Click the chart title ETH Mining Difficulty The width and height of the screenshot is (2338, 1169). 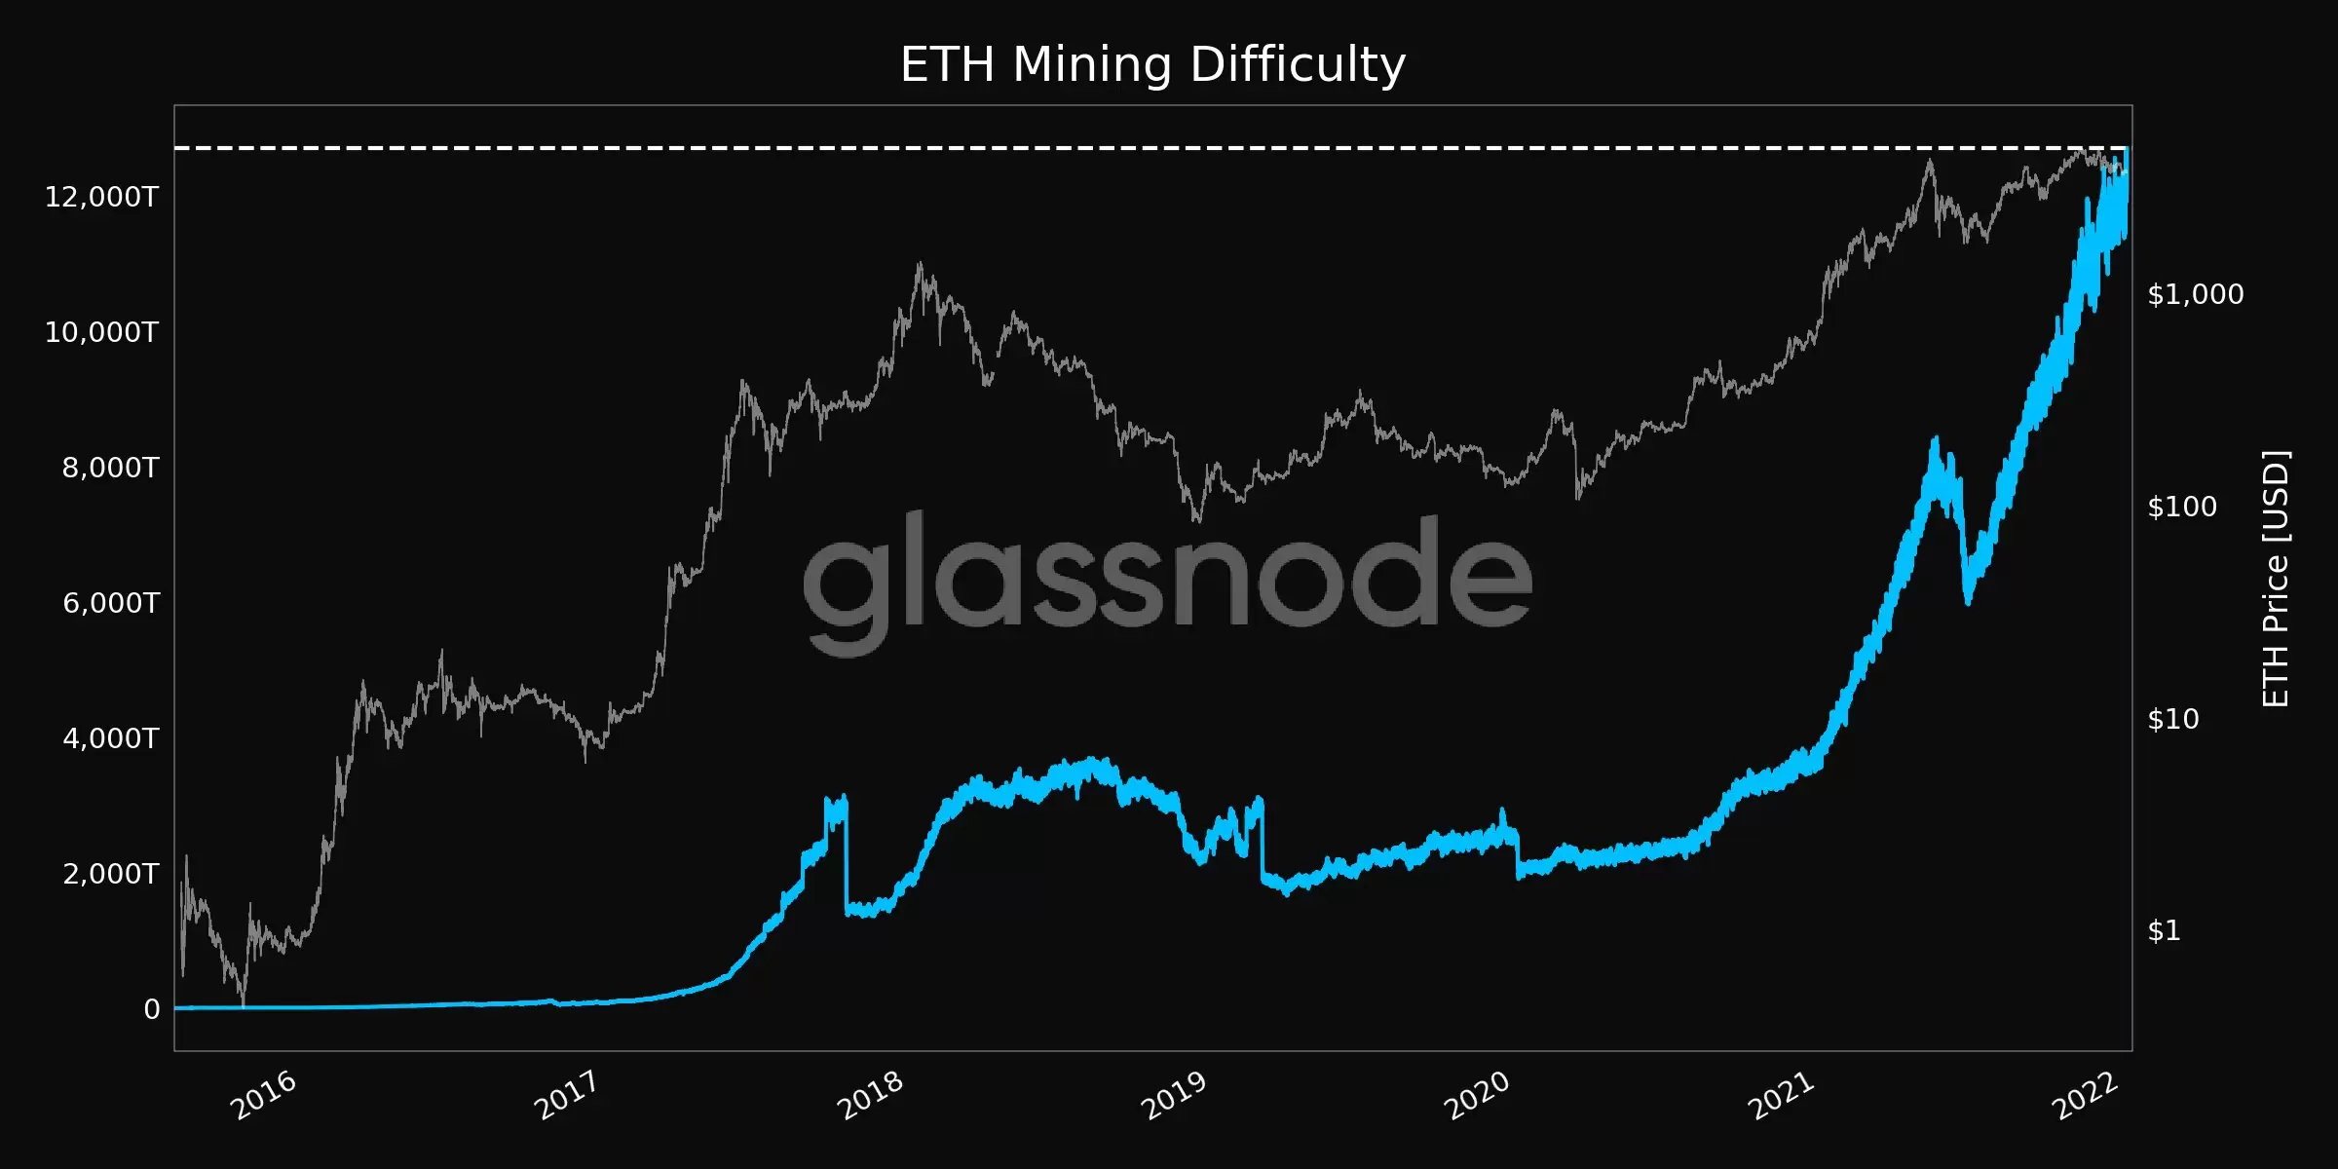tap(1152, 65)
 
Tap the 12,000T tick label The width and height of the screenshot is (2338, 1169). tap(101, 197)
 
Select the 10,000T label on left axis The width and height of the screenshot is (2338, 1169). tap(101, 332)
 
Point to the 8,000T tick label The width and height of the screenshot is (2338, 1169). tap(110, 468)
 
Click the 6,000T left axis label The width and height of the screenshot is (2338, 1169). tap(110, 603)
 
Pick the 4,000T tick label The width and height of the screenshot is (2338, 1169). tap(110, 738)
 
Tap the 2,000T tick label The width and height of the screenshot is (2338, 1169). tap(110, 874)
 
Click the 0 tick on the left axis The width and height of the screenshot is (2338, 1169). tap(152, 1009)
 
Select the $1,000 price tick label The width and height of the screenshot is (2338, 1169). tap(2195, 294)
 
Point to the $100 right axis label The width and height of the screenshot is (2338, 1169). tap(2182, 507)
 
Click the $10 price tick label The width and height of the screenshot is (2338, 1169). tap(2173, 719)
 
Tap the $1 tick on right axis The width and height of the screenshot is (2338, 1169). tap(2164, 931)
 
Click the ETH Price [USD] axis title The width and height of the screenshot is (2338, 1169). tap(2276, 579)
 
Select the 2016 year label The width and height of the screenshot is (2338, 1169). tap(263, 1095)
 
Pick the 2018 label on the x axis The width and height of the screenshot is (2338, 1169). tap(871, 1095)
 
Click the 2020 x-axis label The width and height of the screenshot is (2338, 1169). tap(1477, 1095)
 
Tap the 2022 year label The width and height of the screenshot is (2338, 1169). tap(2085, 1095)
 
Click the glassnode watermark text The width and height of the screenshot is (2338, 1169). tap(1167, 575)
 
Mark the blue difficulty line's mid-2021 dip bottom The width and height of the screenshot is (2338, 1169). tap(1968, 600)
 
